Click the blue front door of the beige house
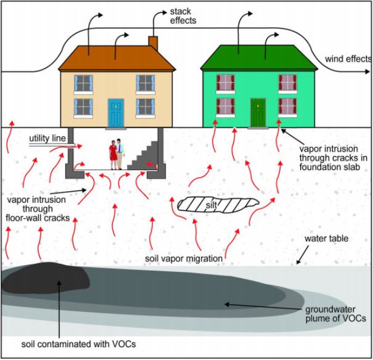click(x=116, y=113)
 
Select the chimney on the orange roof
click(x=153, y=44)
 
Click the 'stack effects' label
click(x=182, y=15)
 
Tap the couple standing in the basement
click(x=116, y=154)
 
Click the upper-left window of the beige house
click(x=83, y=83)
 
